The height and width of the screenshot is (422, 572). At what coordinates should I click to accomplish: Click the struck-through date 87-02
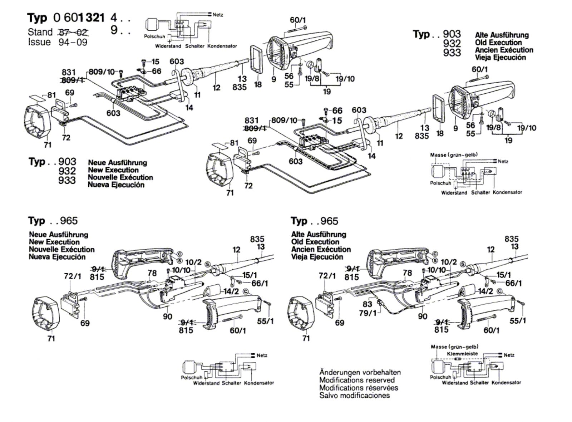[74, 32]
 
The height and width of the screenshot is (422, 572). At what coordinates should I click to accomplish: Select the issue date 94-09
[73, 42]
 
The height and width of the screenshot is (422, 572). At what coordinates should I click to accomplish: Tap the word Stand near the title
[40, 32]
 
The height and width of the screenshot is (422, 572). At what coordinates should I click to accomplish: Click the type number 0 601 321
[79, 18]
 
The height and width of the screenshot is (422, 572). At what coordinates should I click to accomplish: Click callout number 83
[368, 304]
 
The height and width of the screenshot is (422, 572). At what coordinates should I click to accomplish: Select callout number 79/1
[368, 313]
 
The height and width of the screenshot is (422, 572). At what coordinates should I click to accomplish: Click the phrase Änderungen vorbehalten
[360, 372]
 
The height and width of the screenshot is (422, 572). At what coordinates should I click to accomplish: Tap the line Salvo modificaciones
[355, 396]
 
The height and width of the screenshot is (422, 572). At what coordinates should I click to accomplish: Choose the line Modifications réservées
[359, 388]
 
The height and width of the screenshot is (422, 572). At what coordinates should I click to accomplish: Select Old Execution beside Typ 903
[498, 43]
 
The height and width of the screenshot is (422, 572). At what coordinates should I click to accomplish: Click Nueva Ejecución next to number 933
[116, 185]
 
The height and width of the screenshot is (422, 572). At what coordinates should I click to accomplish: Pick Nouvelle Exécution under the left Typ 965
[61, 249]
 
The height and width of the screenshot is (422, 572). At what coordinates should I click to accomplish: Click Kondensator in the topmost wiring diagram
[222, 46]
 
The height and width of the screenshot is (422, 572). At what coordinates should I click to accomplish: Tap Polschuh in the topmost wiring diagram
[154, 36]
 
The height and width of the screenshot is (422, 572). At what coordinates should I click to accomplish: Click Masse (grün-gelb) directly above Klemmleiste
[454, 347]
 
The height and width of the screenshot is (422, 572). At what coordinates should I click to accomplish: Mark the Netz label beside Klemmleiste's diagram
[509, 355]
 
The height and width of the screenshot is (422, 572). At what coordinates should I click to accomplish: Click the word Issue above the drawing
[39, 42]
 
